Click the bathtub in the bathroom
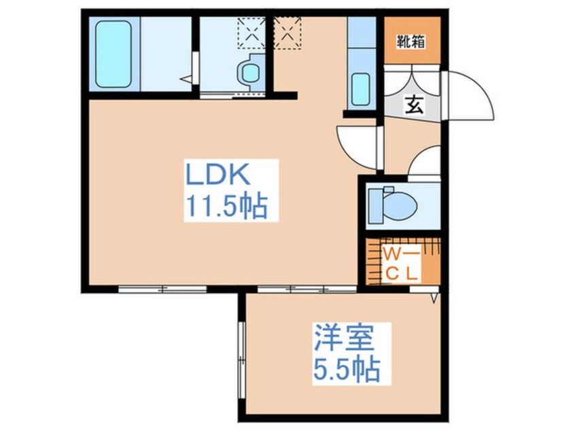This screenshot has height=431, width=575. click(113, 54)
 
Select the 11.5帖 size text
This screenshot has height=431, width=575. click(224, 205)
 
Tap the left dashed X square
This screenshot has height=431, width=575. click(249, 30)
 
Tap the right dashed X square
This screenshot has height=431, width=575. click(287, 30)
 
